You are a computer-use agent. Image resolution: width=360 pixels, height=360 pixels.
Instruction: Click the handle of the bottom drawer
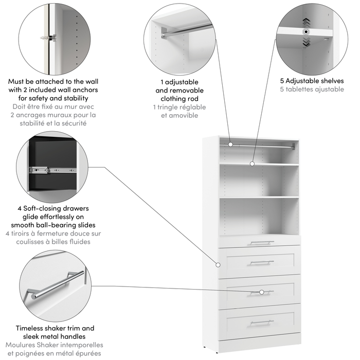261,322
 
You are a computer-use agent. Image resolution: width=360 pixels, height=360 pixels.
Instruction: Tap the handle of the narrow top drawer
261,242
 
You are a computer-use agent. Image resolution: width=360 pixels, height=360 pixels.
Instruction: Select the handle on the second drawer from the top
261,262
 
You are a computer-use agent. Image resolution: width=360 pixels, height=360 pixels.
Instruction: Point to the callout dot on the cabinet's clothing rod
230,145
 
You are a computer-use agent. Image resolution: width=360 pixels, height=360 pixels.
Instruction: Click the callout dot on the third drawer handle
262,292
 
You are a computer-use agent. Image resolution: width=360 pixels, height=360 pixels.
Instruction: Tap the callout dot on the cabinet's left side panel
218,265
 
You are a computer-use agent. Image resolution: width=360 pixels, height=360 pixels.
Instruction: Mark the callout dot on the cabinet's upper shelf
253,164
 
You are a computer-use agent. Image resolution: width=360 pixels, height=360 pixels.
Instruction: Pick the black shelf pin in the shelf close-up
307,31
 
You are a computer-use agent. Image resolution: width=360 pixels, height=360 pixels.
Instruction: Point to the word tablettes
304,89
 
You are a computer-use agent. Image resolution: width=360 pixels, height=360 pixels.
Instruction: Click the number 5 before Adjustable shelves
282,81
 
